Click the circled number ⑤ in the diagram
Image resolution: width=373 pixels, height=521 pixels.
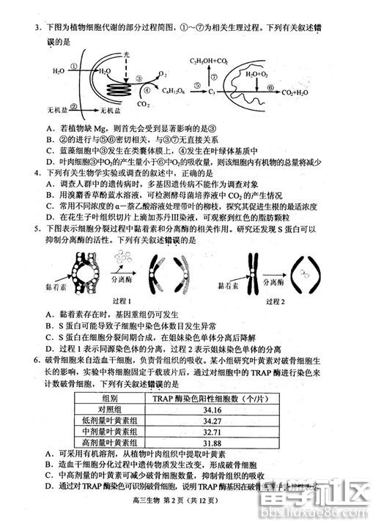(x=196, y=86)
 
